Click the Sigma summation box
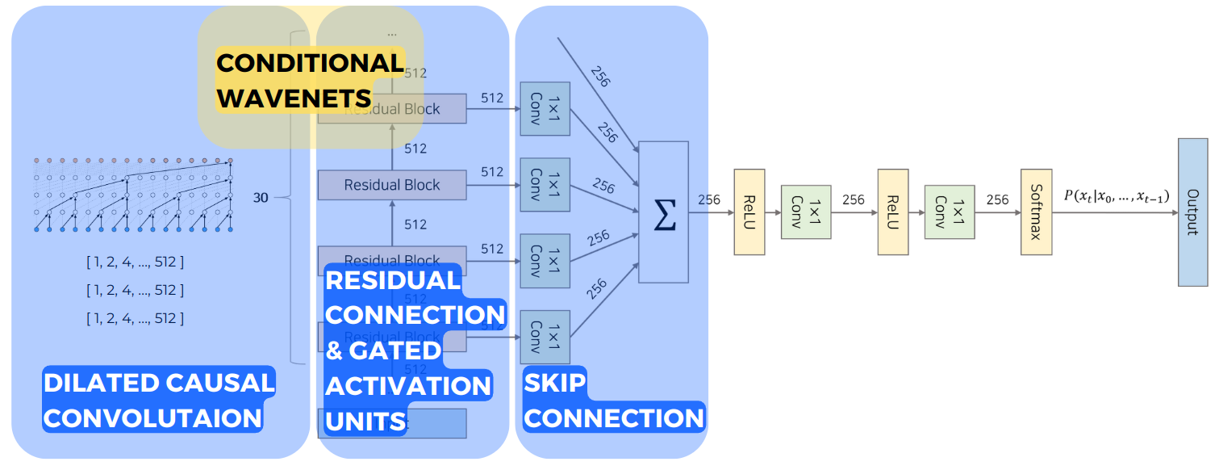[663, 212]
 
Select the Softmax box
[1037, 212]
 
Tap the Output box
[1192, 212]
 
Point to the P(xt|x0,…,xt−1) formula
[1117, 198]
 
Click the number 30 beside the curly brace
[261, 197]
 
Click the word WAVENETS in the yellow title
[294, 98]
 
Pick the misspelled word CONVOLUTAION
[152, 418]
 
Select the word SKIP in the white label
[555, 383]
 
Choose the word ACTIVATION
[408, 385]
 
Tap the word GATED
[396, 350]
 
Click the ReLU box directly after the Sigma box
[749, 212]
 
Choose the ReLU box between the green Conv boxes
[893, 212]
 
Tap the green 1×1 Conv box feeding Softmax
[950, 212]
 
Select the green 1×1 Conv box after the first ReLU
[805, 212]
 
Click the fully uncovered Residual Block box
[392, 185]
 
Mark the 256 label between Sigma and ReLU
[709, 200]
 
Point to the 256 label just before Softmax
[997, 200]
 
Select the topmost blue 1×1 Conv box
[545, 108]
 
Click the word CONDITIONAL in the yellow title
[310, 63]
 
